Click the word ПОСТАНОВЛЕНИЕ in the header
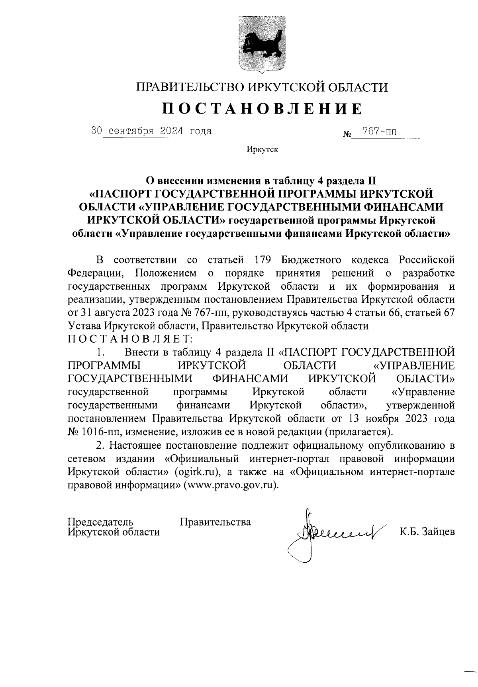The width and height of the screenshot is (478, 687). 262,108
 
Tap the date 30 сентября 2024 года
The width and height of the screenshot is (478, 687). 151,131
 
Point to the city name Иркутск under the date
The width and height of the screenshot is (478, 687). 262,150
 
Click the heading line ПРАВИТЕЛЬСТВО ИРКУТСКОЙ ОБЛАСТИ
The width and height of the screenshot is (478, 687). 262,87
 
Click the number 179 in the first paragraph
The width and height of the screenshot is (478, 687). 263,260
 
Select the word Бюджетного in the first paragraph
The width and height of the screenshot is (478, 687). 311,260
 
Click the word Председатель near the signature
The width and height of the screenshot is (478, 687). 100,522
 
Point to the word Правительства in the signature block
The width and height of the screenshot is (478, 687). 215,522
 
